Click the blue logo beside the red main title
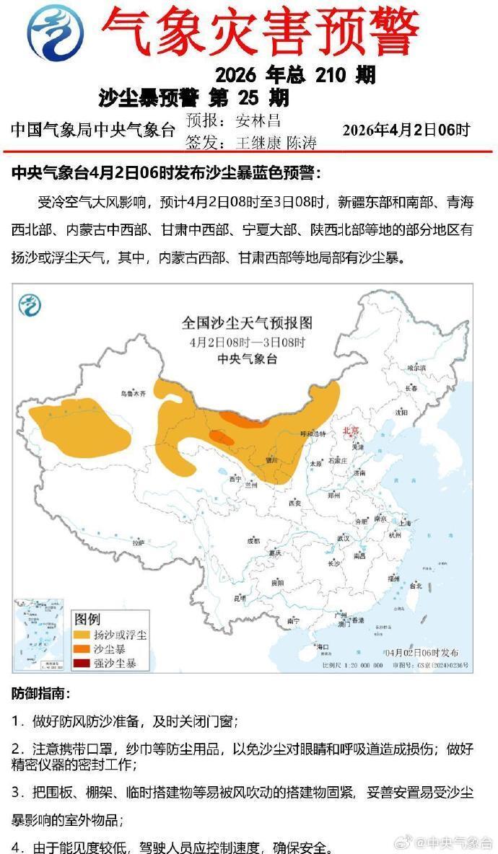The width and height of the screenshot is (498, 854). pyautogui.click(x=56, y=32)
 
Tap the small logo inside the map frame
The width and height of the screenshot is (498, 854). pyautogui.click(x=30, y=304)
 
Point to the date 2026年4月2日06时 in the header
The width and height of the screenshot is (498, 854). pyautogui.click(x=406, y=130)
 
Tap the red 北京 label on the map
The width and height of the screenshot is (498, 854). pyautogui.click(x=351, y=431)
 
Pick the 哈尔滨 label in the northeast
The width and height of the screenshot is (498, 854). pyautogui.click(x=417, y=368)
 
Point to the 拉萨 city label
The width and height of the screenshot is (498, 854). pyautogui.click(x=138, y=542)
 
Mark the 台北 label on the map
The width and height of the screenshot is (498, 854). pyautogui.click(x=415, y=586)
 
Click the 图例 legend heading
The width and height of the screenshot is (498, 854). pyautogui.click(x=87, y=620)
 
